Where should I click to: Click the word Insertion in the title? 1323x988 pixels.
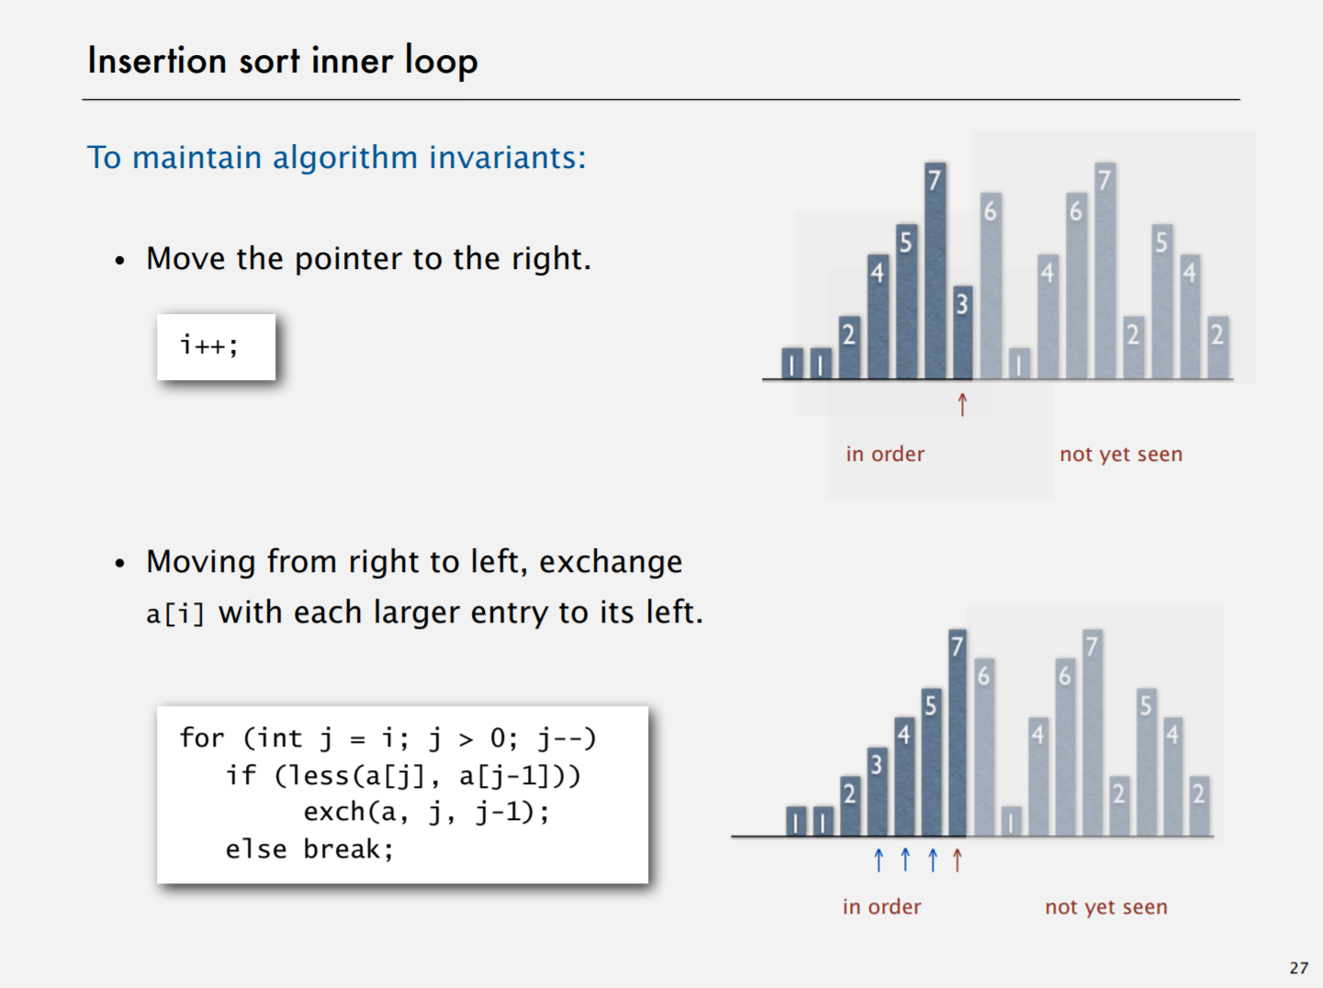click(157, 61)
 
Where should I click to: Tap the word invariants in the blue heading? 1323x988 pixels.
click(508, 157)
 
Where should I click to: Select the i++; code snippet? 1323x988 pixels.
click(209, 345)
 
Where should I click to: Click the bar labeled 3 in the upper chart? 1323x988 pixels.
click(962, 332)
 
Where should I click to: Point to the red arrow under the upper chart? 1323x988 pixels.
click(962, 405)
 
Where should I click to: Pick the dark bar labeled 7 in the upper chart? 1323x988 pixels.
click(935, 271)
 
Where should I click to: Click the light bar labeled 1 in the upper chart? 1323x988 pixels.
click(1019, 364)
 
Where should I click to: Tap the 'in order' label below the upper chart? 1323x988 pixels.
click(885, 454)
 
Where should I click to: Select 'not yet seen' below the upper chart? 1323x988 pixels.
click(1121, 455)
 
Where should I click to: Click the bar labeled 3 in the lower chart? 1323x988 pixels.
click(877, 792)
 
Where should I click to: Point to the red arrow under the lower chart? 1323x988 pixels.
click(958, 859)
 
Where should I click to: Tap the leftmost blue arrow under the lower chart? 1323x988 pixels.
click(879, 859)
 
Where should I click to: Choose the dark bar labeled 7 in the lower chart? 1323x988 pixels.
click(958, 733)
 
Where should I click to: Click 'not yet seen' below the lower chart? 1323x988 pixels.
click(1106, 907)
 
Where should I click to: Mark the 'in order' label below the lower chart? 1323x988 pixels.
click(881, 906)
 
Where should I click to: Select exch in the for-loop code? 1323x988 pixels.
click(333, 812)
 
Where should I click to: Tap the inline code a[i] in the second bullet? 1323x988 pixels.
click(175, 613)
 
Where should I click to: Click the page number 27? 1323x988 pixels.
click(1299, 968)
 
